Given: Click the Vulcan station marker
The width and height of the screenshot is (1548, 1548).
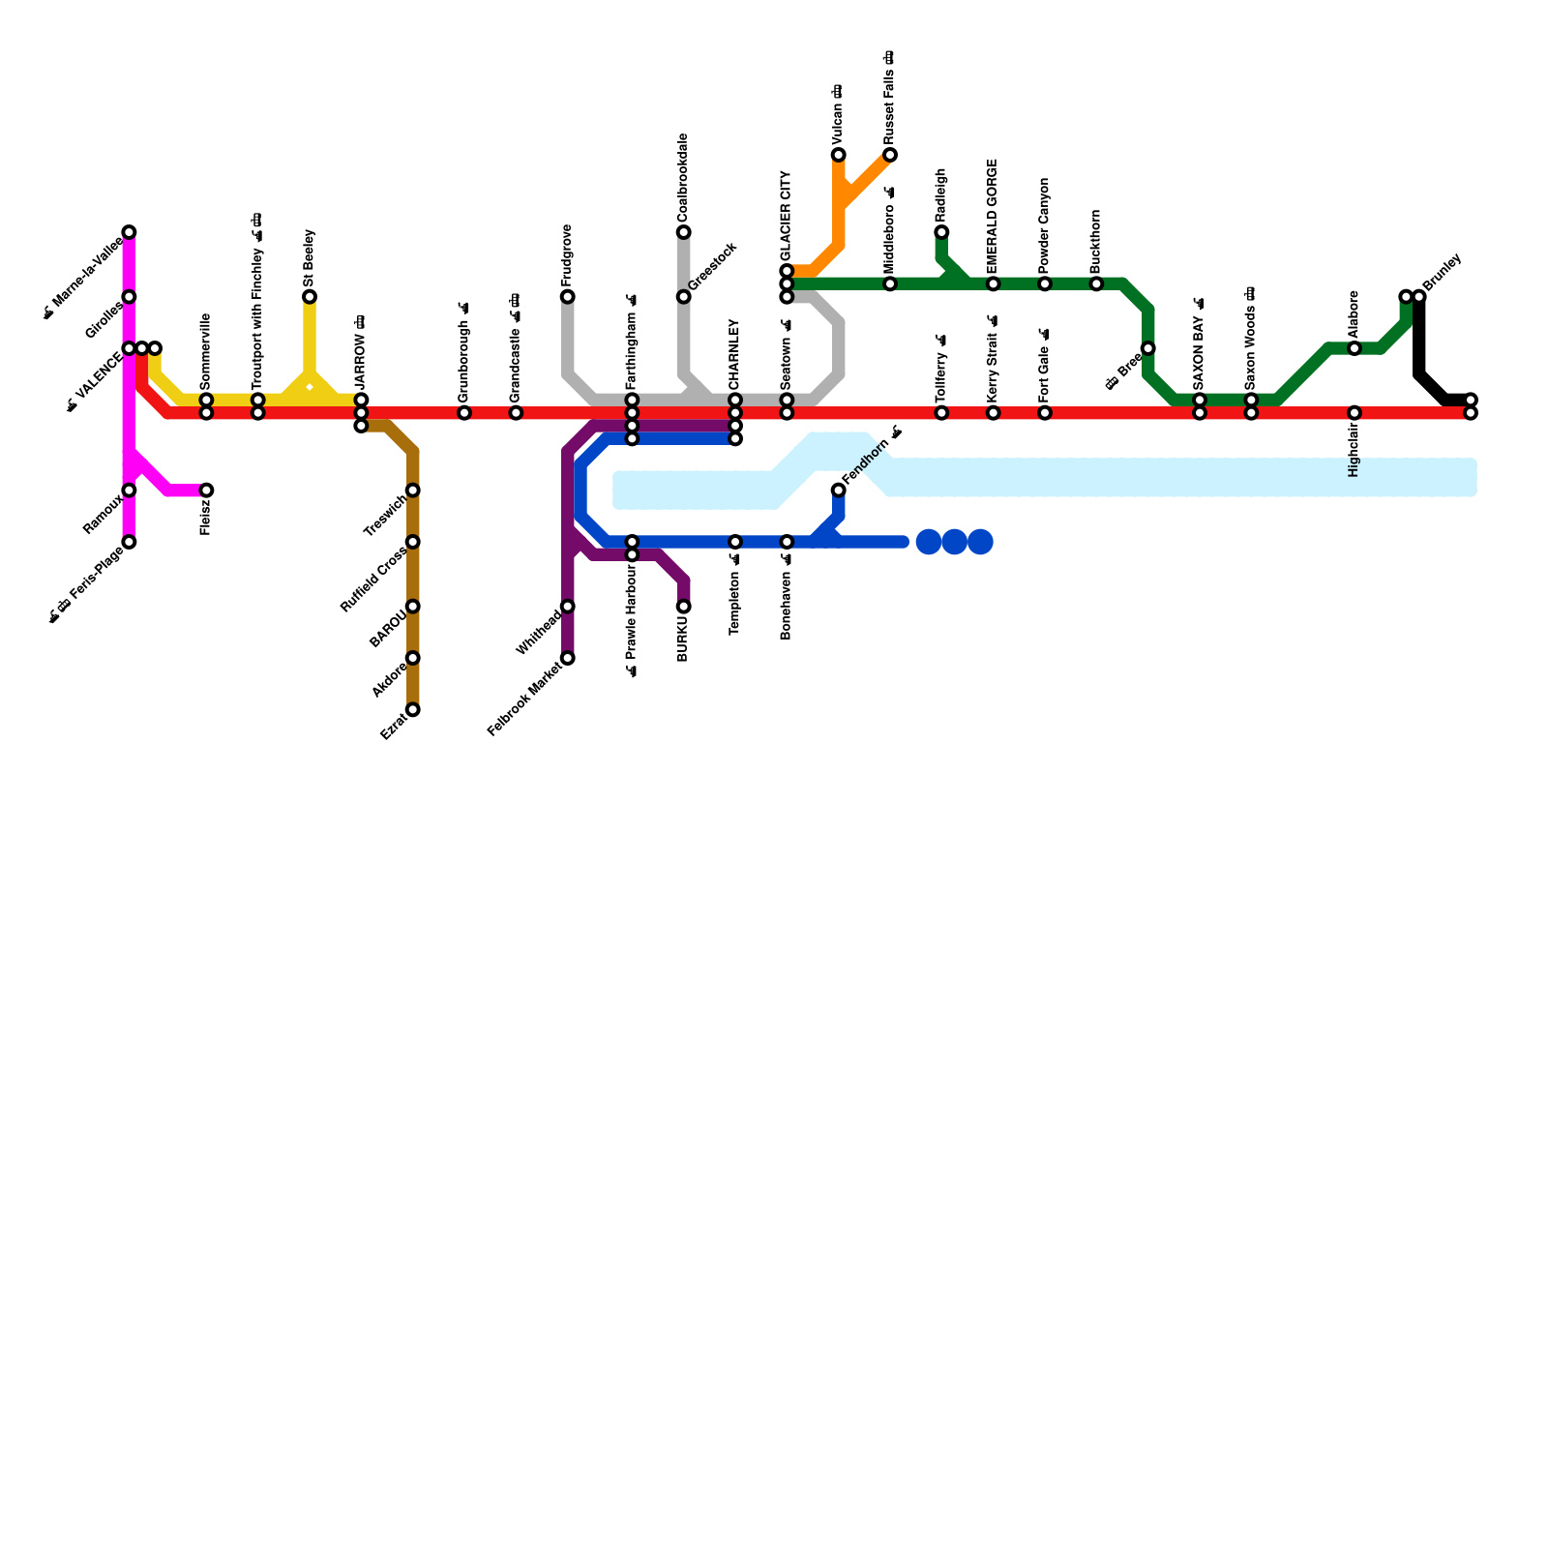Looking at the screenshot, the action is pos(838,155).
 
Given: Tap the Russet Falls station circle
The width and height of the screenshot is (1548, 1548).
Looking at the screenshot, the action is pos(890,155).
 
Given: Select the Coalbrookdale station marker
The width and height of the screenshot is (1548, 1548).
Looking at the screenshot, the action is pos(684,232).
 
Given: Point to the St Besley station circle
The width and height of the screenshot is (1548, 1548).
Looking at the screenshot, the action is pos(310,296).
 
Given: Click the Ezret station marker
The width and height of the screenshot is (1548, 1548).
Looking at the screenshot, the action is pos(413,710).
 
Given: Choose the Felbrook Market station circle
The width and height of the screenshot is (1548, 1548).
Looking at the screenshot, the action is pos(568,659).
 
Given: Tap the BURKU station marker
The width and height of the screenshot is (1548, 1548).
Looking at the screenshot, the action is pos(684,607).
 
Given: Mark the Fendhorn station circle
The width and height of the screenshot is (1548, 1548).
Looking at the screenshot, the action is pos(838,491).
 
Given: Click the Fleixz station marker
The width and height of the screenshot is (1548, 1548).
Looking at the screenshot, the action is pos(206,491).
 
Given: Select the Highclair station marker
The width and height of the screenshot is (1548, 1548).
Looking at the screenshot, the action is pos(1354,413).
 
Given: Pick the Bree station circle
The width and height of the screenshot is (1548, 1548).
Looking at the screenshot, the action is pos(1147,348).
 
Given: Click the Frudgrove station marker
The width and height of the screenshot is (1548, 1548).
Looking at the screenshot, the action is pos(568,296).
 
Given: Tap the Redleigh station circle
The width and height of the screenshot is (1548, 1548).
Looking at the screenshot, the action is pos(941,232).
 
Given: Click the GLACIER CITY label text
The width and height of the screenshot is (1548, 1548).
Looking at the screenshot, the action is pos(786,215).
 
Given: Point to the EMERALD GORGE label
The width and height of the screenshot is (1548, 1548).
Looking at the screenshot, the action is pos(993,217).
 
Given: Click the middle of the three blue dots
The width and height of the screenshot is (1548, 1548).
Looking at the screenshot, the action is pos(954,542).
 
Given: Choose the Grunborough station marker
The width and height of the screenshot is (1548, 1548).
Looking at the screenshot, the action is pos(464,413).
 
